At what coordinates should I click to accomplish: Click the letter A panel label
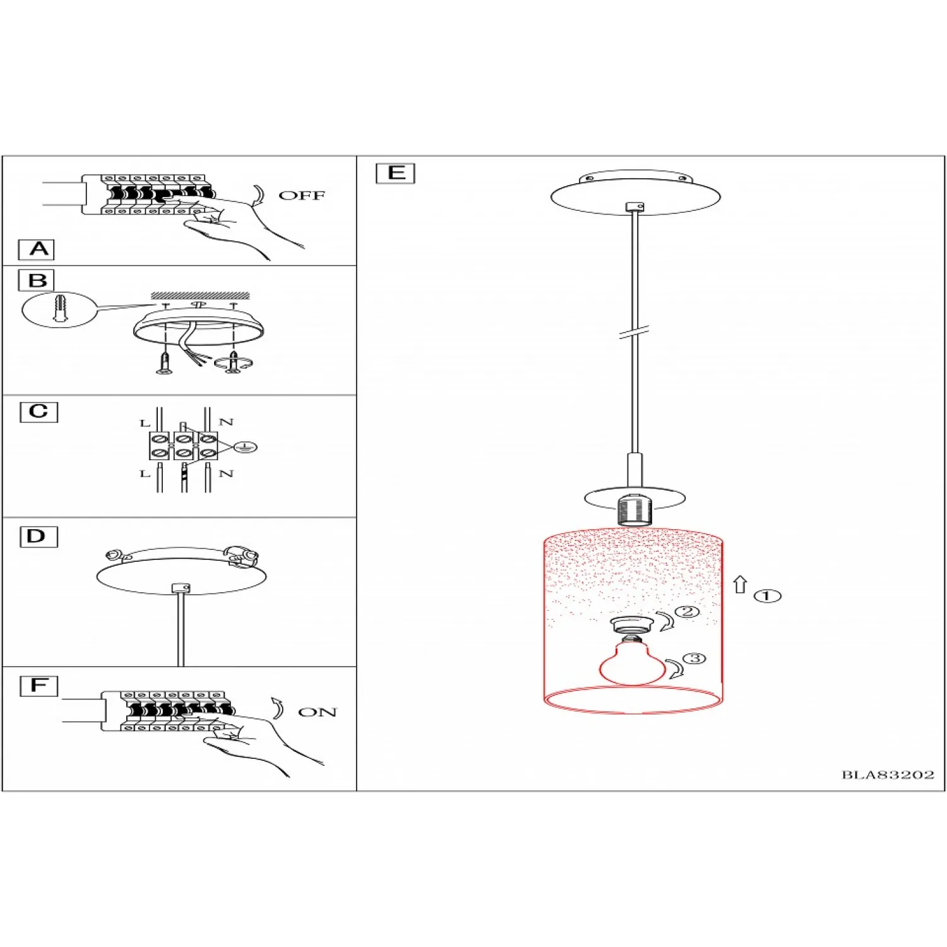pyautogui.click(x=37, y=249)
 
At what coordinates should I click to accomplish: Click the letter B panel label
pyautogui.click(x=37, y=280)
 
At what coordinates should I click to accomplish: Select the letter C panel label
pyautogui.click(x=39, y=412)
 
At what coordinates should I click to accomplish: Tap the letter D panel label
pyautogui.click(x=39, y=537)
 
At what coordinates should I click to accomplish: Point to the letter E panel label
pyautogui.click(x=395, y=173)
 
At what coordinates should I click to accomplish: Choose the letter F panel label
pyautogui.click(x=39, y=686)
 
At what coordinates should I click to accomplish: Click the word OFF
pyautogui.click(x=302, y=196)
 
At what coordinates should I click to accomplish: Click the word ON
pyautogui.click(x=317, y=712)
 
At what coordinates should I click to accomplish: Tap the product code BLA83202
pyautogui.click(x=888, y=775)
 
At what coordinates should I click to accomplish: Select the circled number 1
pyautogui.click(x=768, y=596)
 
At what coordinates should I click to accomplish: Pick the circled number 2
pyautogui.click(x=687, y=611)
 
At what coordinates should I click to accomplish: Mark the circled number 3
pyautogui.click(x=694, y=658)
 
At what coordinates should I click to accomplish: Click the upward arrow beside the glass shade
pyautogui.click(x=741, y=585)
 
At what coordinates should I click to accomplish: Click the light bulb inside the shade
pyautogui.click(x=632, y=662)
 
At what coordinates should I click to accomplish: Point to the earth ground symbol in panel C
pyautogui.click(x=245, y=447)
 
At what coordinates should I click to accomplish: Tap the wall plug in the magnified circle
pyautogui.click(x=59, y=308)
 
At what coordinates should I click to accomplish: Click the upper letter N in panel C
pyautogui.click(x=226, y=422)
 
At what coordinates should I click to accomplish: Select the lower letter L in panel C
pyautogui.click(x=145, y=473)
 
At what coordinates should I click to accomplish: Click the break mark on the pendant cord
pyautogui.click(x=634, y=332)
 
